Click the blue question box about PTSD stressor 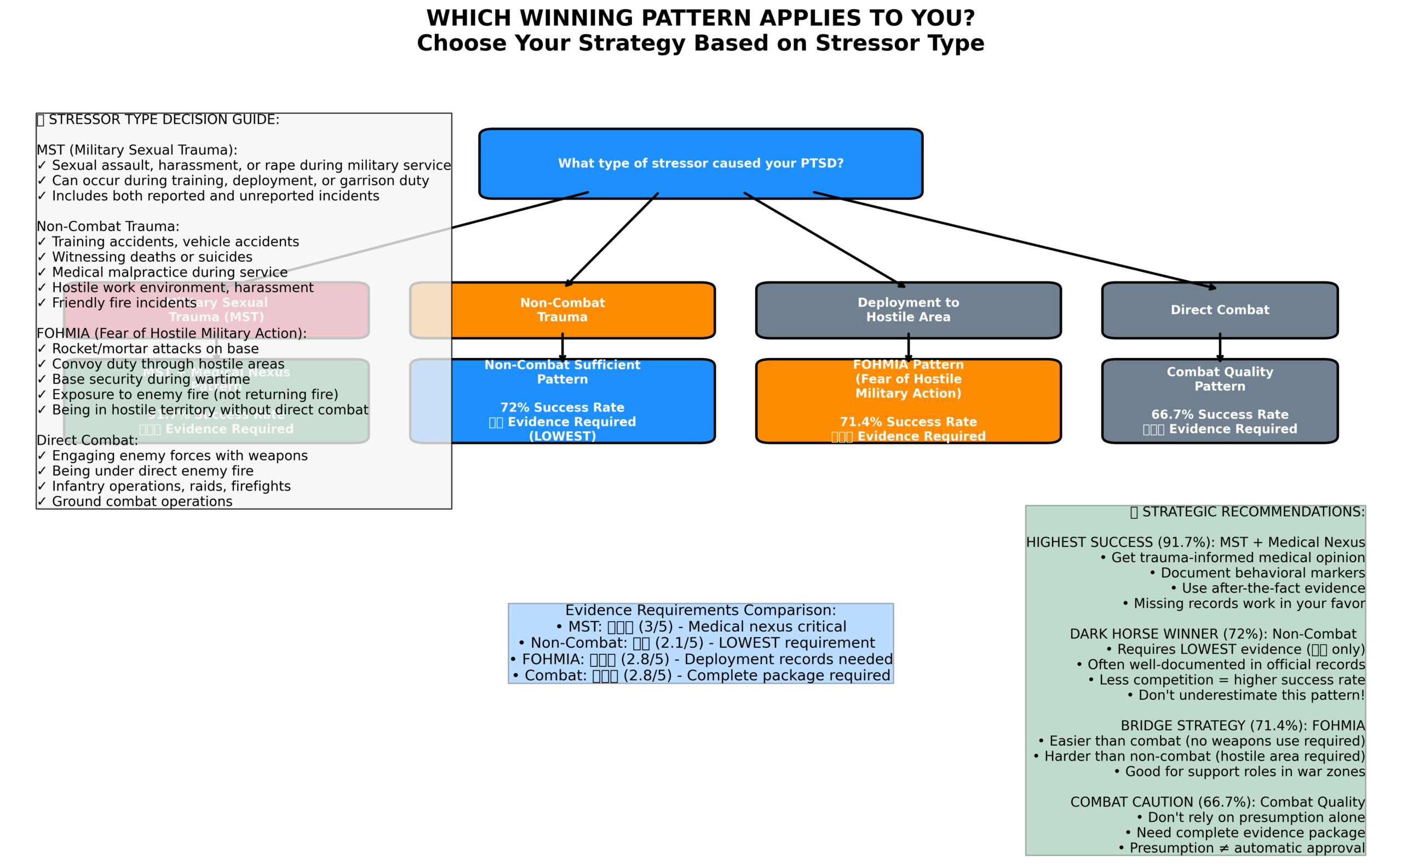click(700, 163)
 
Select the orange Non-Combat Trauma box click(583, 310)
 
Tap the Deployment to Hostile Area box click(908, 310)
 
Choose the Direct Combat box click(1220, 310)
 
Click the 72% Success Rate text click(562, 407)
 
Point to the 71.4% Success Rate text click(908, 422)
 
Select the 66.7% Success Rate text click(1220, 414)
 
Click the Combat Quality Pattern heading click(1220, 379)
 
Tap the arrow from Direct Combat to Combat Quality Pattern click(1220, 348)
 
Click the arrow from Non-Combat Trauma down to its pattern click(562, 348)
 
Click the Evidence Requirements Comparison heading click(700, 610)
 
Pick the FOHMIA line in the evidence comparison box click(700, 659)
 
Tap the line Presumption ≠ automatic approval click(1241, 848)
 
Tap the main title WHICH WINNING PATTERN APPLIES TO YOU click(700, 18)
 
